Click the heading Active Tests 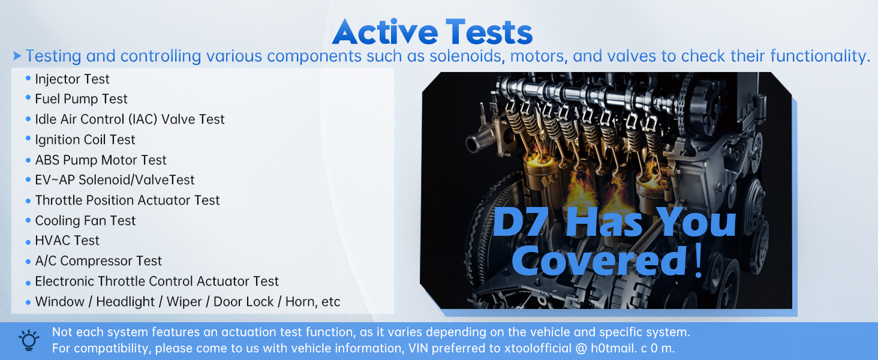[x=432, y=32]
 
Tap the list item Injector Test [x=72, y=79]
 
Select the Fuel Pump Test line [x=81, y=99]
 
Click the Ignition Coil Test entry [x=85, y=140]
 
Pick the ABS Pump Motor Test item [x=101, y=160]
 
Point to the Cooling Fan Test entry [x=85, y=221]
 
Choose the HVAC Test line [x=67, y=241]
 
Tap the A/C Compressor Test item [x=98, y=261]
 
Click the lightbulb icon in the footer [x=29, y=340]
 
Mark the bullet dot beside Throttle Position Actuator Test [x=28, y=201]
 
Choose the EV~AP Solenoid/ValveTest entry [x=115, y=180]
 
